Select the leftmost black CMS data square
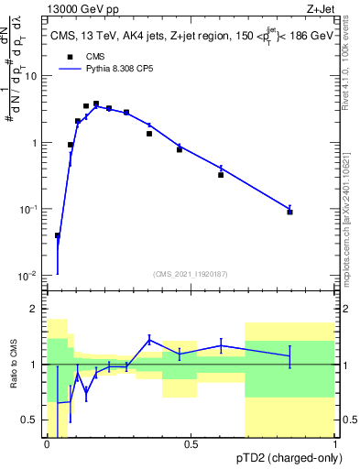coord(58,235)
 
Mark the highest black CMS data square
coord(96,104)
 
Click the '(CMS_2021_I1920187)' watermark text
coord(190,274)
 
